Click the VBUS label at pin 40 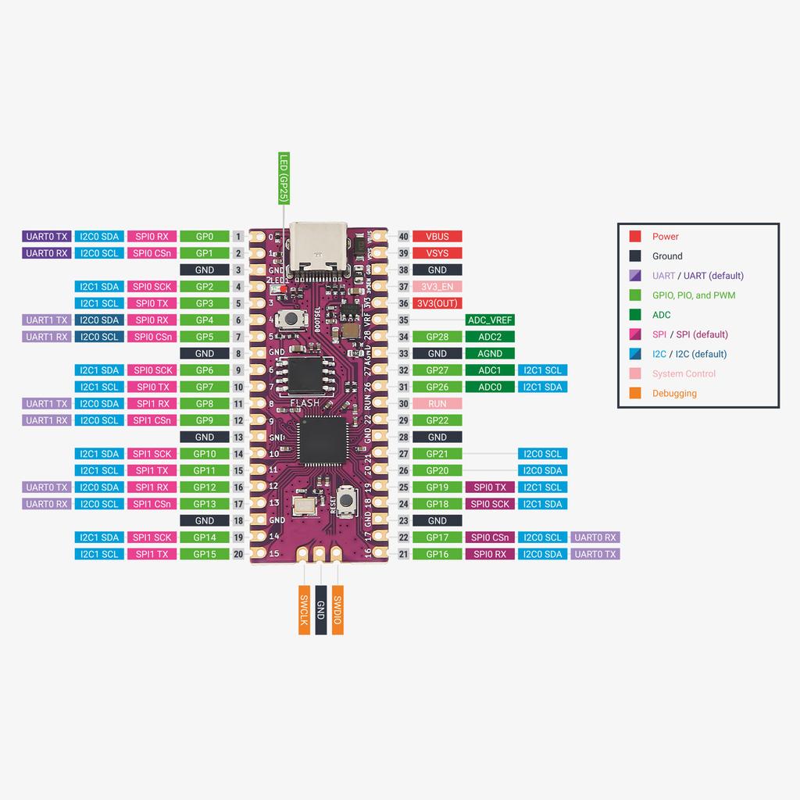pyautogui.click(x=437, y=236)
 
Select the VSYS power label pyautogui.click(x=437, y=253)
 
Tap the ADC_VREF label pyautogui.click(x=490, y=320)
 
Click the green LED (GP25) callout pyautogui.click(x=284, y=179)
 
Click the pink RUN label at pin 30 pyautogui.click(x=437, y=404)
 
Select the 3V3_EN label pyautogui.click(x=437, y=287)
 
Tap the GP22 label pyautogui.click(x=437, y=420)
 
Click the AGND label pyautogui.click(x=490, y=354)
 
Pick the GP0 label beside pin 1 pyautogui.click(x=205, y=236)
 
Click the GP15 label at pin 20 pyautogui.click(x=205, y=554)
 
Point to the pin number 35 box pyautogui.click(x=403, y=320)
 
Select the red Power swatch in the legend pyautogui.click(x=635, y=236)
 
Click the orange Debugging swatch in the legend pyautogui.click(x=635, y=393)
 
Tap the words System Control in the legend pyautogui.click(x=684, y=373)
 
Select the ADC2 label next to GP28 pyautogui.click(x=490, y=337)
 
